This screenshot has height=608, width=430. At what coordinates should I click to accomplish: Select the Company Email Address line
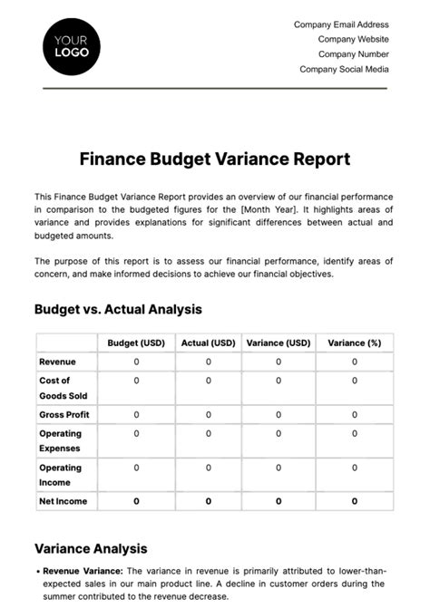tap(341, 24)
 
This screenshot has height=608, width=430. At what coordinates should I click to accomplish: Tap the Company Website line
tap(353, 39)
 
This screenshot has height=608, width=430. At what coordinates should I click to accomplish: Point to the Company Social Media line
tap(344, 69)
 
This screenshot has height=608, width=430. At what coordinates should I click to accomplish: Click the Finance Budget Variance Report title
tap(215, 159)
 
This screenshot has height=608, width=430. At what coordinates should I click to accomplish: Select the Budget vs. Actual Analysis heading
tap(118, 309)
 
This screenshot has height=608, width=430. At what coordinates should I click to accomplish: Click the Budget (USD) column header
tap(136, 343)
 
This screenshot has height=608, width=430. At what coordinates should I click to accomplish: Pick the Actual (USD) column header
tap(208, 343)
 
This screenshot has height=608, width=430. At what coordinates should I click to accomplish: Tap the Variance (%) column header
tap(354, 343)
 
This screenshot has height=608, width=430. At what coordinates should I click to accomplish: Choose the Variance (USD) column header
tap(279, 343)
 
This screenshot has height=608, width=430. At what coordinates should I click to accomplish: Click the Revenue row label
tap(57, 362)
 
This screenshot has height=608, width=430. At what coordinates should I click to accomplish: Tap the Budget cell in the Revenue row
tap(136, 362)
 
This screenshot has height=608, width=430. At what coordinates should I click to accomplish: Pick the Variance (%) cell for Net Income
tap(354, 500)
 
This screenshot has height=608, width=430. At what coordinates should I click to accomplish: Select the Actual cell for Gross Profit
tap(208, 414)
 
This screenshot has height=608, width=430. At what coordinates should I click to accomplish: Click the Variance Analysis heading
tap(91, 548)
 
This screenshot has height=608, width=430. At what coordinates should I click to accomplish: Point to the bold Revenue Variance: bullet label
tap(82, 570)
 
